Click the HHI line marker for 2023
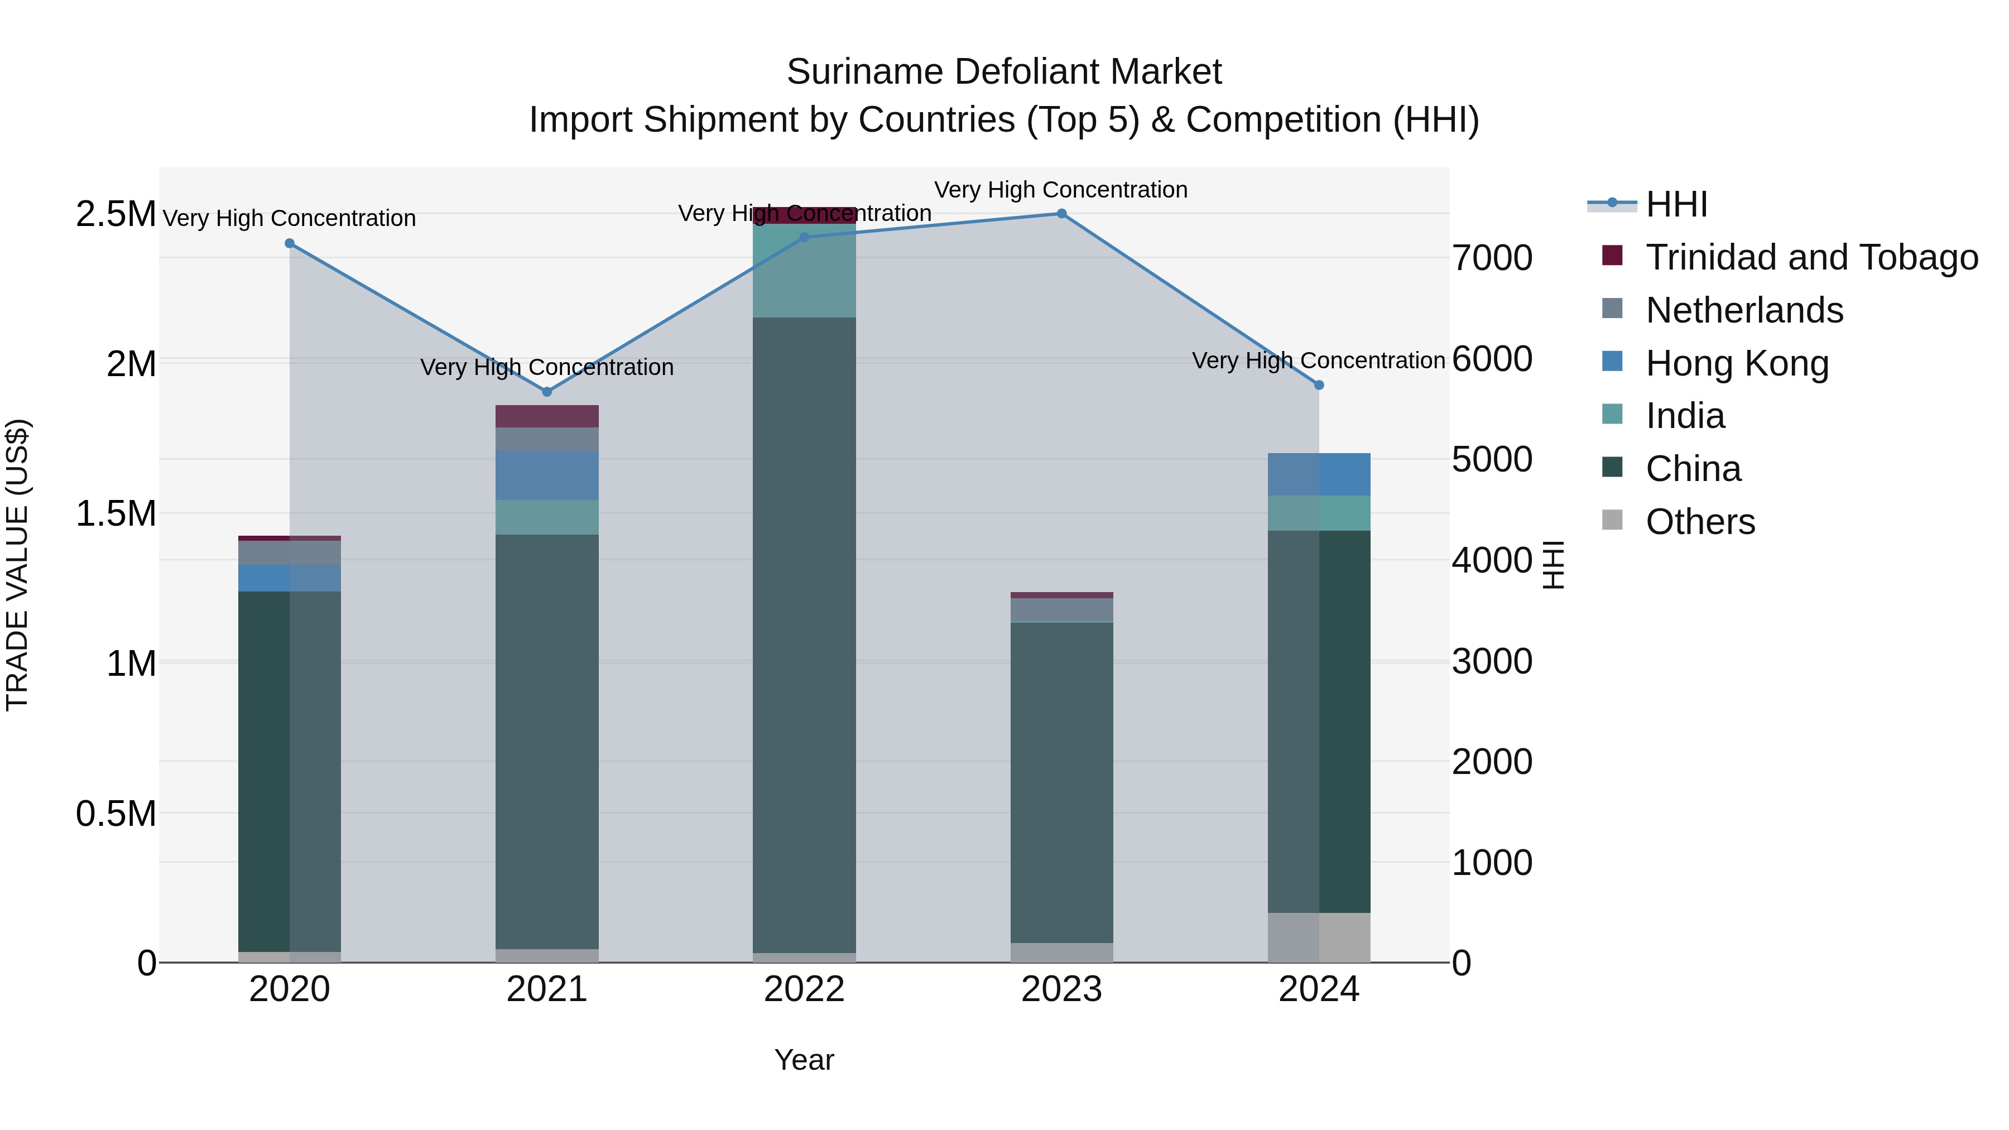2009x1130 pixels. [1061, 214]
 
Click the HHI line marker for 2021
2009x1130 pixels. [547, 392]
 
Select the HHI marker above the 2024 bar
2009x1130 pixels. [1319, 385]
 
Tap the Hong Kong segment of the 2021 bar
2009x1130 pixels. [547, 475]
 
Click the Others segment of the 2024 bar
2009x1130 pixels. [1319, 937]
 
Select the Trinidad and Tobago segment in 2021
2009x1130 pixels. [547, 416]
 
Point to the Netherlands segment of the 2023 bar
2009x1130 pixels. [1061, 610]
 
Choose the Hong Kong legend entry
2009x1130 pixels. [1736, 363]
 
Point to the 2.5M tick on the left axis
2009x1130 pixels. [116, 214]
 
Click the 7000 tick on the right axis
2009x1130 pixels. [1492, 258]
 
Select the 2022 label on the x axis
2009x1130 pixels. [804, 989]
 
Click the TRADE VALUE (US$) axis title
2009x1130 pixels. [18, 565]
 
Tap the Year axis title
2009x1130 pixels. [804, 1060]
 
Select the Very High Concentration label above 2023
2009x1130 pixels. [1061, 190]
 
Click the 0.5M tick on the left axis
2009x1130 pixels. [116, 814]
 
